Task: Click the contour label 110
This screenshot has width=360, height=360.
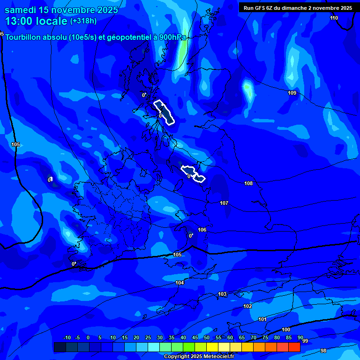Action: click(x=334, y=18)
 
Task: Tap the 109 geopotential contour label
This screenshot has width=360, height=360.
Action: click(x=292, y=93)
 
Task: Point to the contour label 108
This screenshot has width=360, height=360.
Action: click(x=248, y=183)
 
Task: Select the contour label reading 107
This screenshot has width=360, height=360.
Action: click(x=224, y=203)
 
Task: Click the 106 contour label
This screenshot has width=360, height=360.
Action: click(x=202, y=230)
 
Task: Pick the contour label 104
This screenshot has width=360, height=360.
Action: click(x=180, y=283)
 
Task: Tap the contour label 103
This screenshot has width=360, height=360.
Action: click(x=222, y=294)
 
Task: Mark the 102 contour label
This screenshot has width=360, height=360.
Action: click(x=247, y=306)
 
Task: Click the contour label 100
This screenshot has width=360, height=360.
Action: click(x=286, y=330)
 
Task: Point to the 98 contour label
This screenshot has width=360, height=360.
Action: click(x=323, y=351)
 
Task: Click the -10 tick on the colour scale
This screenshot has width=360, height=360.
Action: click(x=67, y=338)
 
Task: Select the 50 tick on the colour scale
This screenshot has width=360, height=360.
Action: click(x=207, y=338)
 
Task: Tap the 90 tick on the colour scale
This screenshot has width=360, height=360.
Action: click(x=300, y=338)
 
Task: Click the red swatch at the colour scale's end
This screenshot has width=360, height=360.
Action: click(x=294, y=347)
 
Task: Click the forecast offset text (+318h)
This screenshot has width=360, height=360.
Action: click(x=83, y=21)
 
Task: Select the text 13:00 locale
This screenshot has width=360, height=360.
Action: click(x=36, y=21)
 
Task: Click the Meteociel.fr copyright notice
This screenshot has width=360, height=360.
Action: click(x=199, y=357)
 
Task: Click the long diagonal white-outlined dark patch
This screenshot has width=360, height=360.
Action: click(x=165, y=112)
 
